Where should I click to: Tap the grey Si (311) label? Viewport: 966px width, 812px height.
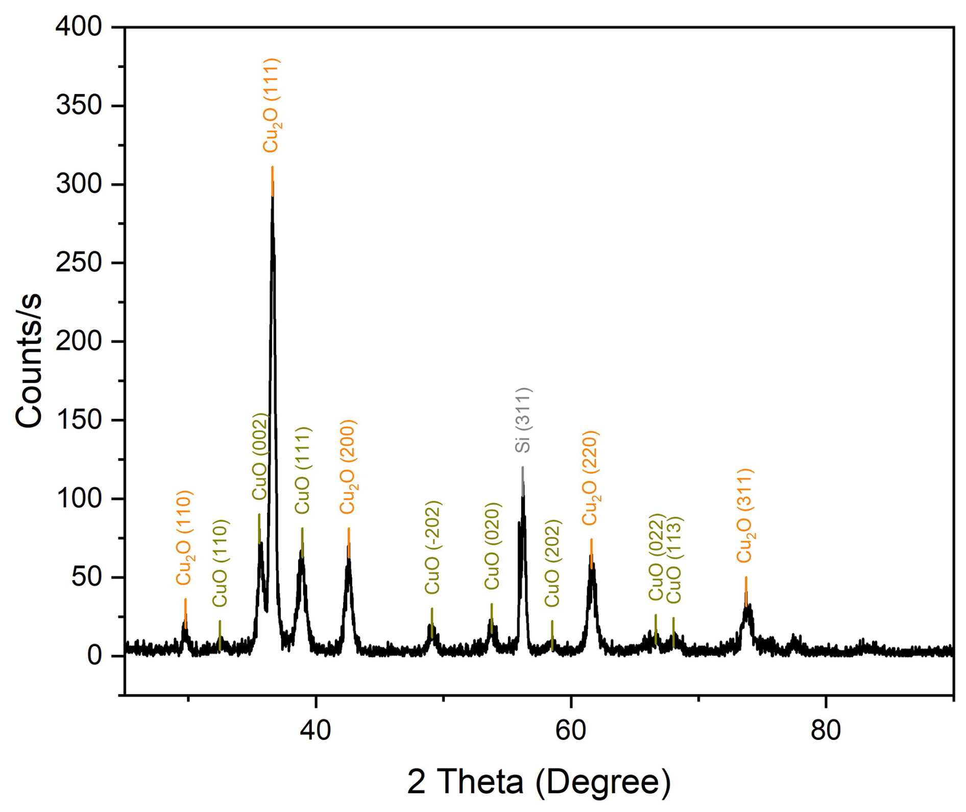[x=523, y=420]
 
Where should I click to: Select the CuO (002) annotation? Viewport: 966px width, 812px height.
[x=260, y=457]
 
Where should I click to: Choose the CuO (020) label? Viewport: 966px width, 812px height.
[x=492, y=546]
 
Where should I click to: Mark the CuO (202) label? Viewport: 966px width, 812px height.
[x=552, y=563]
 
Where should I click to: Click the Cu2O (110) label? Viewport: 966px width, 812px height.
[x=184, y=537]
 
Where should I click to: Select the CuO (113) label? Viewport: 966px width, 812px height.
[x=674, y=560]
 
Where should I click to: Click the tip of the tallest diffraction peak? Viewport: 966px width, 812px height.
[x=273, y=184]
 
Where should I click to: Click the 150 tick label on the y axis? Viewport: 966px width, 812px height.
[x=79, y=420]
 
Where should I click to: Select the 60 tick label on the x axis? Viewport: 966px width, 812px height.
[x=571, y=731]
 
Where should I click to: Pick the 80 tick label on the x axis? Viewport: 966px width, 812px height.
[x=826, y=731]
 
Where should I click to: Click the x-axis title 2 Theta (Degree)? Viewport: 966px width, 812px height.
[x=539, y=781]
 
